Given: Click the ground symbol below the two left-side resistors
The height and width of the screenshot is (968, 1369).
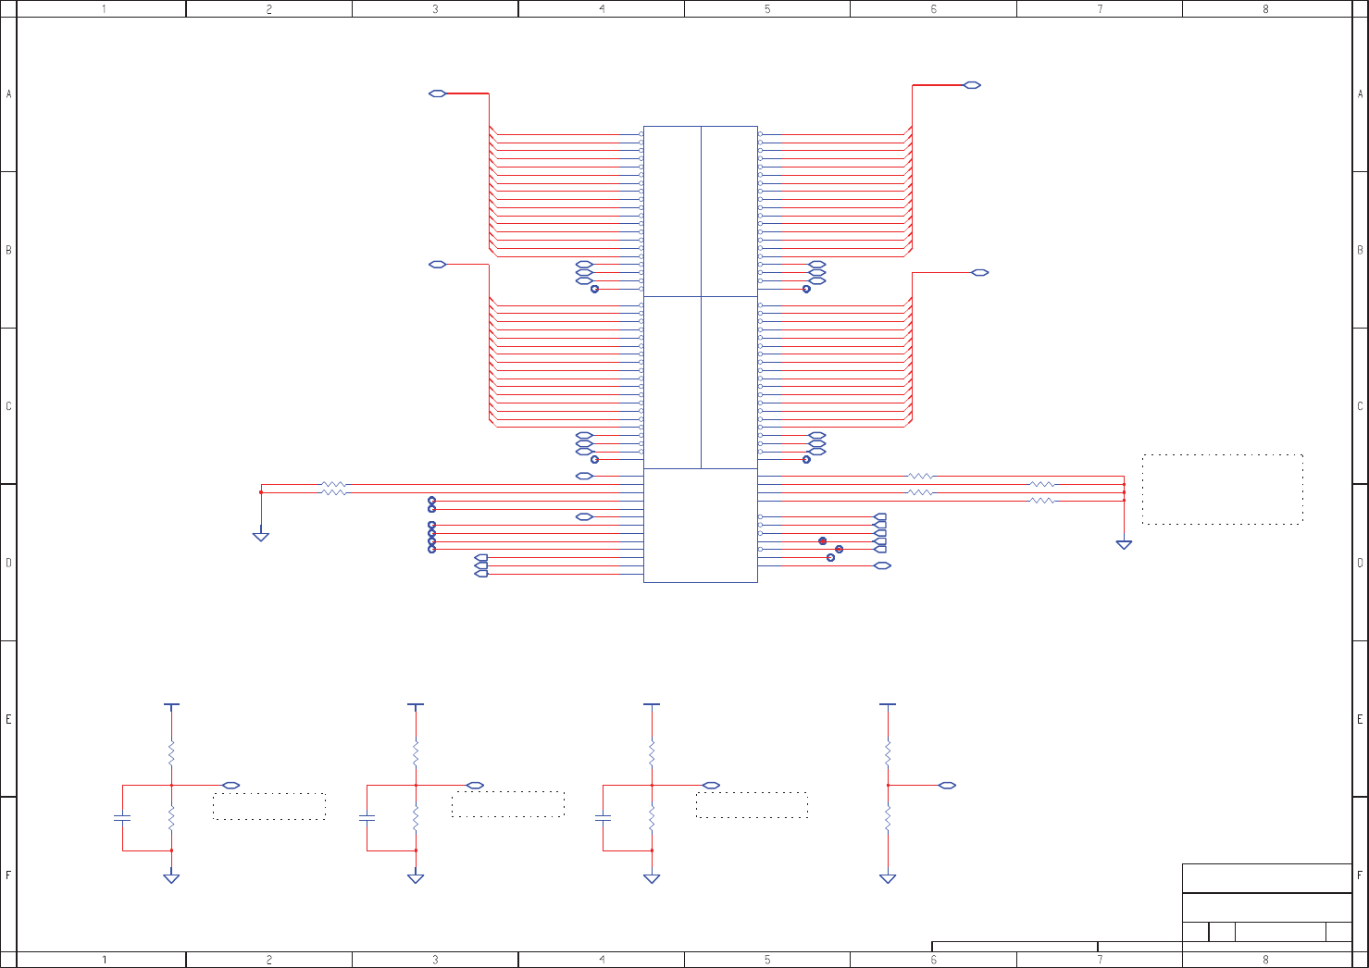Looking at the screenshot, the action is point(261,536).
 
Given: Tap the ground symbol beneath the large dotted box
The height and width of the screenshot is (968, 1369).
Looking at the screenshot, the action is point(1124,545).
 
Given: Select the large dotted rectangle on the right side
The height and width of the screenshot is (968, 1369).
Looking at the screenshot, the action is point(1222,490).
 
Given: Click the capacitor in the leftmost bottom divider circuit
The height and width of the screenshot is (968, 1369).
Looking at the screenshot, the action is point(122,818).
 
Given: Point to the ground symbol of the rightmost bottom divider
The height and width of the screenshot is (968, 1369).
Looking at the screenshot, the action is point(888,878).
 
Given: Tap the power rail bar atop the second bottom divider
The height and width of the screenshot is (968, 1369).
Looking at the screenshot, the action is point(416,705).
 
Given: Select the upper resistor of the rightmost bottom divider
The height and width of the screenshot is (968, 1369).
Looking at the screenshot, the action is point(888,753).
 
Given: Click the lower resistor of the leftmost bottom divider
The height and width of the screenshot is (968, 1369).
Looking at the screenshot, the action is point(171,818).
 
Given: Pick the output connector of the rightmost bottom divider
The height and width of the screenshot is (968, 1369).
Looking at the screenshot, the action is point(947,786).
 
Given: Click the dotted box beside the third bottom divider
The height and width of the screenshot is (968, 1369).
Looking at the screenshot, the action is point(752,805).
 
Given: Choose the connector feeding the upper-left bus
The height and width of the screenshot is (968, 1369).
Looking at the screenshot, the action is point(438,93).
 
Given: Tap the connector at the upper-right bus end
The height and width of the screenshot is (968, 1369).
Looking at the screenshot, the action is point(972,85).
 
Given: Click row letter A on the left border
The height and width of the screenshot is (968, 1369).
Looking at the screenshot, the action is point(9,94).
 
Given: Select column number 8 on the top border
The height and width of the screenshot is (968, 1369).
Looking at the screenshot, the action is point(1265,9).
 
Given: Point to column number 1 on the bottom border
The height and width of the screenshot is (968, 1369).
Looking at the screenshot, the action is point(104,960).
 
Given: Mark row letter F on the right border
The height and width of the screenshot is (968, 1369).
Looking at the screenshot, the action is point(1360,875).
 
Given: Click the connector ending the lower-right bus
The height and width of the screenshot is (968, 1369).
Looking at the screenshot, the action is point(980,273).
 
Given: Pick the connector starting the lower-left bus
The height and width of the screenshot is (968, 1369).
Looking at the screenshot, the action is point(438,265).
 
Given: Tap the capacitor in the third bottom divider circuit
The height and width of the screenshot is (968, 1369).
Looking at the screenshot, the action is point(604,818).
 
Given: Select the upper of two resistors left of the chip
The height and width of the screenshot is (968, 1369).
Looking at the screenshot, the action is point(333,484).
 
